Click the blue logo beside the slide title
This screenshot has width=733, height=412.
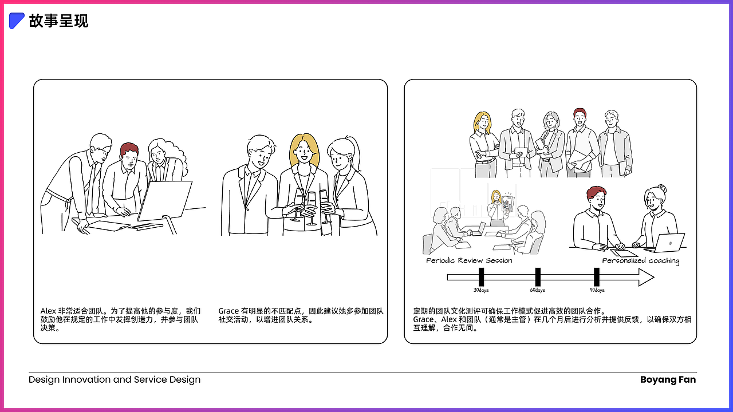click(17, 21)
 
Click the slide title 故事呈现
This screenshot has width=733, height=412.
click(59, 21)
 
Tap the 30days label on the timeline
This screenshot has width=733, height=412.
click(481, 290)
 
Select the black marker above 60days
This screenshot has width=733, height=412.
click(538, 277)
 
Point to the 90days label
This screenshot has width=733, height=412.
click(597, 290)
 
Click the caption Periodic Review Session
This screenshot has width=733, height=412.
click(469, 260)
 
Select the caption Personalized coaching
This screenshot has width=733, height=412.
click(640, 260)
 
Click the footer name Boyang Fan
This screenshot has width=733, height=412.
click(668, 379)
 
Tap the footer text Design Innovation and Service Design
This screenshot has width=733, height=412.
click(115, 379)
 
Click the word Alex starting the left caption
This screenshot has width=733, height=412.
click(48, 311)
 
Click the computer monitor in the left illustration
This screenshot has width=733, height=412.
click(165, 200)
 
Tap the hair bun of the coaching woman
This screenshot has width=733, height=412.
click(662, 188)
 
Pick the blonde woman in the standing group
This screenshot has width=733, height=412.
click(482, 140)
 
